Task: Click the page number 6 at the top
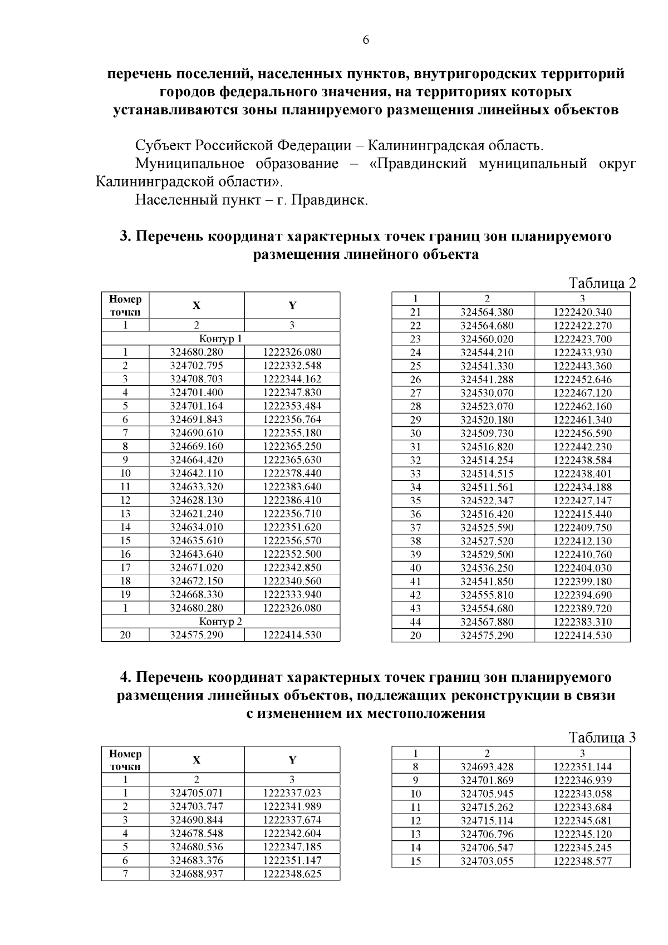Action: pos(366,40)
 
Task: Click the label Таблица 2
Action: pos(602,283)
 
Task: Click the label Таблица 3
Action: pos(602,738)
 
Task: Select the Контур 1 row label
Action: pos(221,338)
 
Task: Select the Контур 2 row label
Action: pos(221,622)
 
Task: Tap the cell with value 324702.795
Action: pos(197,366)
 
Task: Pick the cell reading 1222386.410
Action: pos(292,500)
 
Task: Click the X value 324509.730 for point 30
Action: pos(487,434)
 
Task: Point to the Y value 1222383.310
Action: pos(582,622)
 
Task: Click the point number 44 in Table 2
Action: pos(415,622)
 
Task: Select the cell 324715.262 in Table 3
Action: pos(487,808)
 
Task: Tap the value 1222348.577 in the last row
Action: pos(582,862)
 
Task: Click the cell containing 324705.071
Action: pos(197,793)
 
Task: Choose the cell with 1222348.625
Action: pos(292,874)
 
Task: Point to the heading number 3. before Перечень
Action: pos(126,237)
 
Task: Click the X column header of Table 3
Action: pos(197,760)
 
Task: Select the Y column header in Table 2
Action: pos(292,306)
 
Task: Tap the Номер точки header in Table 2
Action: pos(125,306)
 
